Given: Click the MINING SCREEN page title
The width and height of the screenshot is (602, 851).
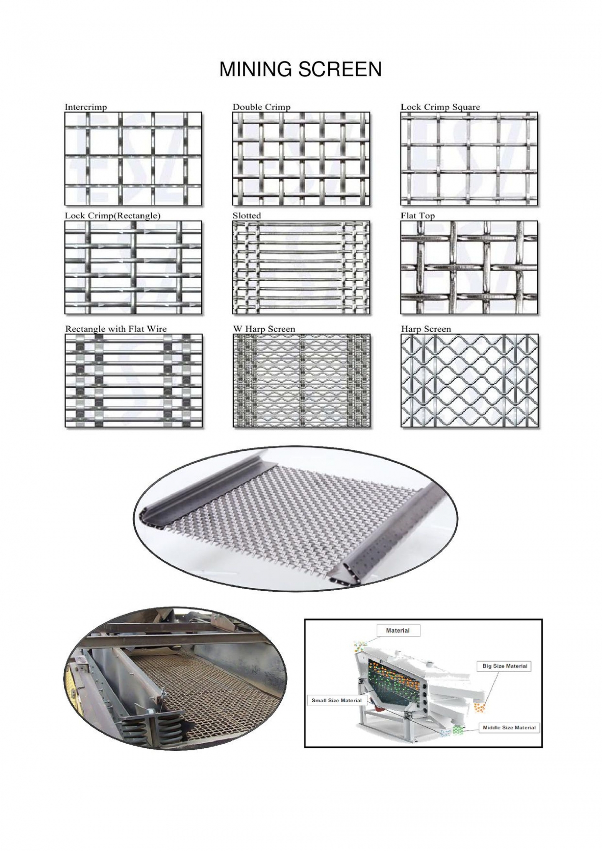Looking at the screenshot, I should pyautogui.click(x=300, y=69).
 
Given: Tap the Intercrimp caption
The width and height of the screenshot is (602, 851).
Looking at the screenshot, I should pyautogui.click(x=86, y=107).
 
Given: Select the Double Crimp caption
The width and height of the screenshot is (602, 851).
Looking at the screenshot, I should pyautogui.click(x=261, y=107).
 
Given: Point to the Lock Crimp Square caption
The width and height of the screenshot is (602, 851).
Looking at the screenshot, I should pyautogui.click(x=440, y=107).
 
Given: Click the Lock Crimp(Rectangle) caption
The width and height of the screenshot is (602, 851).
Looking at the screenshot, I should pyautogui.click(x=112, y=216).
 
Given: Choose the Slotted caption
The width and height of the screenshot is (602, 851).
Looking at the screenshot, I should pyautogui.click(x=246, y=216).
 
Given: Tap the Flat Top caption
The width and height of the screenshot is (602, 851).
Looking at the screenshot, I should pyautogui.click(x=418, y=216).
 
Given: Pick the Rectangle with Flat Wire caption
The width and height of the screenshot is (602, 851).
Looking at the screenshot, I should pyautogui.click(x=116, y=329).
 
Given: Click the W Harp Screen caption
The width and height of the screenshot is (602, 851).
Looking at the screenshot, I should pyautogui.click(x=264, y=329).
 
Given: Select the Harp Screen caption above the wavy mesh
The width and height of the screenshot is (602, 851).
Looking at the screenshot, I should pyautogui.click(x=426, y=329).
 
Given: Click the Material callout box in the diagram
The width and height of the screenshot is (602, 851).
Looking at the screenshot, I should pyautogui.click(x=398, y=630).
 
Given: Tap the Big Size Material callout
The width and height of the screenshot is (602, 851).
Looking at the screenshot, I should pyautogui.click(x=504, y=666).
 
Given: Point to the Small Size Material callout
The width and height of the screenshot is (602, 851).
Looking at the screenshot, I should pyautogui.click(x=336, y=700).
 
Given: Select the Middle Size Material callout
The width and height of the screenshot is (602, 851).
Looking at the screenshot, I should pyautogui.click(x=509, y=727).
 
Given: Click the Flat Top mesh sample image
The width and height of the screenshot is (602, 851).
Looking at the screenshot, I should pyautogui.click(x=469, y=267).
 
